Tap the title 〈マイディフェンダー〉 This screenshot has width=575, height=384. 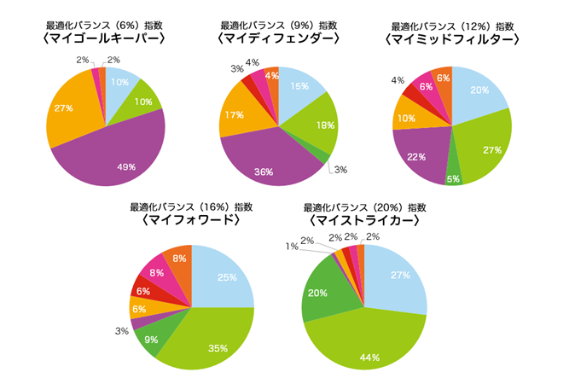(x=280, y=39)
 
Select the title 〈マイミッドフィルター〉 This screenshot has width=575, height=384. (x=453, y=39)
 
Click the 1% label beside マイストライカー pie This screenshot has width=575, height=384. (x=293, y=247)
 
